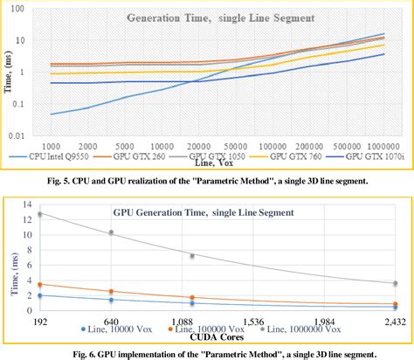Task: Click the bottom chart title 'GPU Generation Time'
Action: [x=201, y=211]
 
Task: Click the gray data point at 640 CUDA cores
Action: [x=110, y=232]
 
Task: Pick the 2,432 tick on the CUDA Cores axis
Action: [x=395, y=322]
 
